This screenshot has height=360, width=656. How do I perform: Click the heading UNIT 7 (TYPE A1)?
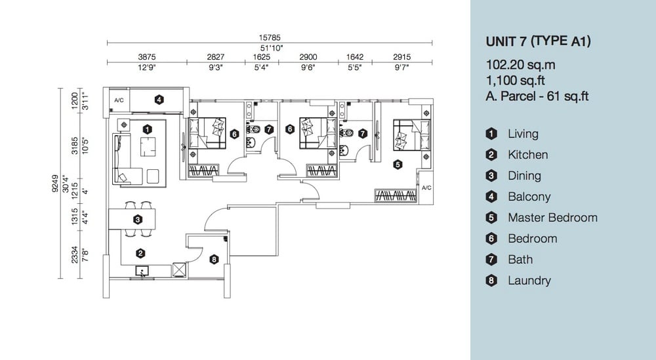(538, 41)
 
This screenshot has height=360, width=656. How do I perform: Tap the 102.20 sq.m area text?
(520, 65)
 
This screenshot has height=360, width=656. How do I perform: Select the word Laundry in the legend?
(529, 281)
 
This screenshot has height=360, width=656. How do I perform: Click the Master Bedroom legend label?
(552, 218)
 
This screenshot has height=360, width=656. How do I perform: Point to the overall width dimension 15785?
(270, 37)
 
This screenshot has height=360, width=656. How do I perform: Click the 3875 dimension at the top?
(147, 57)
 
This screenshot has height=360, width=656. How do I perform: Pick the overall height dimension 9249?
(55, 183)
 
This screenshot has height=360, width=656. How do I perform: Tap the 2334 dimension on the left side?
(75, 254)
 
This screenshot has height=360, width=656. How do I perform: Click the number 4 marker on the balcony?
(159, 100)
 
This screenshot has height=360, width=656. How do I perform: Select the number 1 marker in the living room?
(147, 129)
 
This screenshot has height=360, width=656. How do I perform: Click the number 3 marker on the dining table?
(138, 219)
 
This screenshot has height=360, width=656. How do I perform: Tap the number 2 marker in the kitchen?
(140, 253)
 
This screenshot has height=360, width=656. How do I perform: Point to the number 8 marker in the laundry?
(214, 259)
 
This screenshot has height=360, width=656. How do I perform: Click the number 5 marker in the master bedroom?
(398, 165)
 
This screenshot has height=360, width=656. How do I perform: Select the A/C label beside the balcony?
(119, 100)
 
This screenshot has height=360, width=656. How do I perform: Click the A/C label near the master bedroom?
(426, 188)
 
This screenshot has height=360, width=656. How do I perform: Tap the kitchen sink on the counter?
(142, 271)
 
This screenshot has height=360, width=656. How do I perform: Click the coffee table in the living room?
(148, 146)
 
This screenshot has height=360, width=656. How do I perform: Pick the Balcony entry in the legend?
(529, 197)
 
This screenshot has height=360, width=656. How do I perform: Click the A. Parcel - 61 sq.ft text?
(537, 96)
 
